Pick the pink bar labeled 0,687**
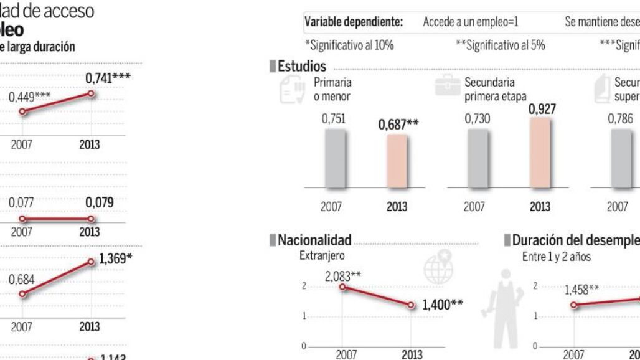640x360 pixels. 397,161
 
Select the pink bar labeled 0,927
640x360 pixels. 540,152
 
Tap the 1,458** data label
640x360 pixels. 581,289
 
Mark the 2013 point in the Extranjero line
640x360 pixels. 412,305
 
